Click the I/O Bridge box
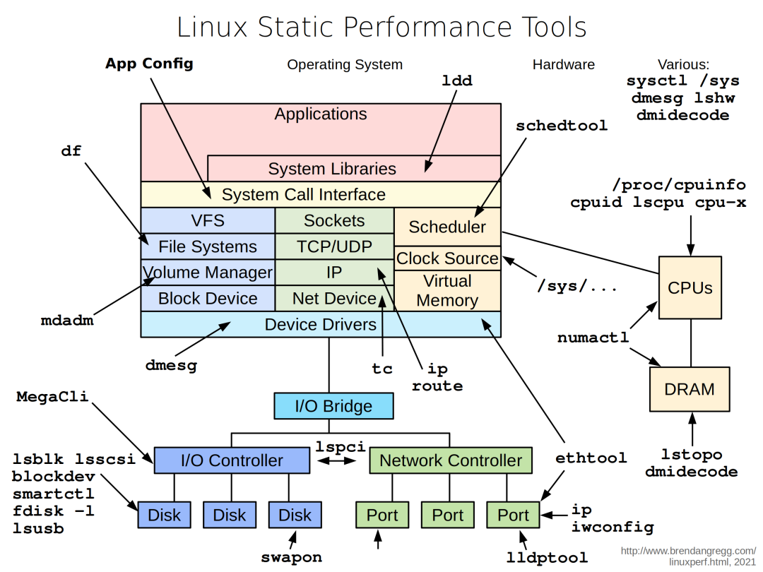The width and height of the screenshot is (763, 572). point(333,406)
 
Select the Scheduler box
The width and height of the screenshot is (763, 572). point(447,227)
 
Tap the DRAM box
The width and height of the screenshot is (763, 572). point(690,389)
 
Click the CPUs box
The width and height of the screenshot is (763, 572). point(690,287)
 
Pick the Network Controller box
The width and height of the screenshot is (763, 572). point(450,460)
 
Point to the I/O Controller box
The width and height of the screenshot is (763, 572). point(232,460)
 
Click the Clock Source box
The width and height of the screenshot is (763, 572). point(447,258)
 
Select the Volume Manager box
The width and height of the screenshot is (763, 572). point(208,273)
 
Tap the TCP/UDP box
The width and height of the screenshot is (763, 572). point(334,246)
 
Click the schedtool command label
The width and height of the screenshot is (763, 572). point(561,126)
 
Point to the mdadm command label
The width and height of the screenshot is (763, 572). point(67,321)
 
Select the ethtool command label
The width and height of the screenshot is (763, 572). point(591,458)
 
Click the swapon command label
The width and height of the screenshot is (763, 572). point(291,557)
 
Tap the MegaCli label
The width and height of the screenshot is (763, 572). point(52,396)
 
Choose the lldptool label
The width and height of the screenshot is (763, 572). point(547,558)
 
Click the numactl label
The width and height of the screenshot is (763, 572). point(593,338)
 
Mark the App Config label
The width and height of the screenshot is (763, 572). point(149,64)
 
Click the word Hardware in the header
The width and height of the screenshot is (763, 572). point(563,64)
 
